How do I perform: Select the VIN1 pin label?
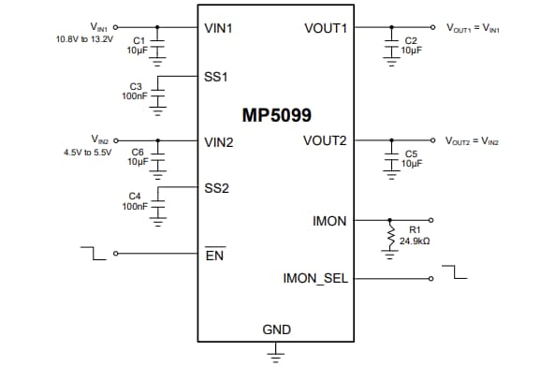[218, 28]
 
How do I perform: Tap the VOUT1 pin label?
[326, 28]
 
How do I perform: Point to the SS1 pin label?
[216, 75]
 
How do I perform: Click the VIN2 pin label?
[218, 142]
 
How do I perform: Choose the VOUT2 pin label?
[325, 141]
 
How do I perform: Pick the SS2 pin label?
[216, 188]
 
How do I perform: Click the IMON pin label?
[329, 222]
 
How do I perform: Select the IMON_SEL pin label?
[315, 278]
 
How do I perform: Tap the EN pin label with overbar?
[214, 255]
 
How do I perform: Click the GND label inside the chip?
[276, 329]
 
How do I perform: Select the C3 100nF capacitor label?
[134, 91]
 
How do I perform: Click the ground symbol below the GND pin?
[276, 353]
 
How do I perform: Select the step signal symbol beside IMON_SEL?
[453, 272]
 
